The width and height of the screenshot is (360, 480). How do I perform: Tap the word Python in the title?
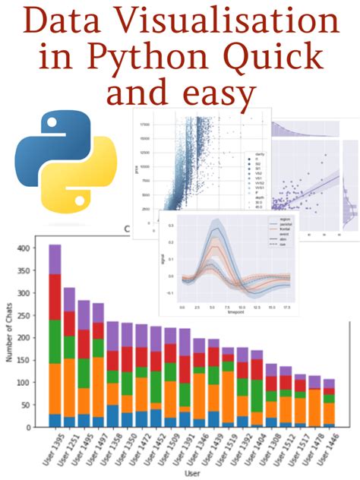tap(160, 59)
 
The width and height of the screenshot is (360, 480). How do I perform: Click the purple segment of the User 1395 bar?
tap(55, 260)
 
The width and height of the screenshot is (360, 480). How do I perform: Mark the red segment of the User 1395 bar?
tap(55, 297)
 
